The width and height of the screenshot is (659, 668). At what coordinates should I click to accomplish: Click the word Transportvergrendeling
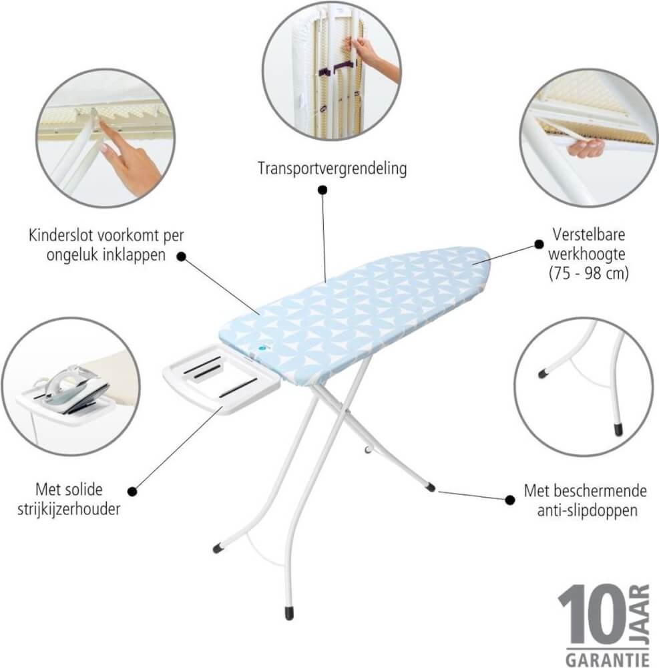click(332, 169)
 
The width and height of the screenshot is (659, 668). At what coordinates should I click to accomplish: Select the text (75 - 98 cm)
click(589, 273)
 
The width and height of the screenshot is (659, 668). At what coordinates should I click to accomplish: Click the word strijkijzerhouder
click(69, 509)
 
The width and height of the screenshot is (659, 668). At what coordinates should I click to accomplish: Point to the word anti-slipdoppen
click(588, 510)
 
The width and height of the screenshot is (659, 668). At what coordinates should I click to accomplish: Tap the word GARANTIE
click(608, 659)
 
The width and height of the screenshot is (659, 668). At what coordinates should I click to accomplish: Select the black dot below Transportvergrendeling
click(322, 190)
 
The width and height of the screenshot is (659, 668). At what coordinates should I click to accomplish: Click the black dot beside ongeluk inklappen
click(182, 257)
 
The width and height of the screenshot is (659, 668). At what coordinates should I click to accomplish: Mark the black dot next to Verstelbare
click(539, 244)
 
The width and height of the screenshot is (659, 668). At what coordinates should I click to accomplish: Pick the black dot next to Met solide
click(132, 491)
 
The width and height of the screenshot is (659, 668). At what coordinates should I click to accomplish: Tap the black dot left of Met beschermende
click(509, 500)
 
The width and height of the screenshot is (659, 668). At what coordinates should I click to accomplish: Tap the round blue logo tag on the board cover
click(260, 348)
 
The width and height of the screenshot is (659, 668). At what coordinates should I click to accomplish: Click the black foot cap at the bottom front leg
click(289, 613)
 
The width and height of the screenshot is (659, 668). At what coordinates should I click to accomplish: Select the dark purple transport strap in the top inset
click(337, 69)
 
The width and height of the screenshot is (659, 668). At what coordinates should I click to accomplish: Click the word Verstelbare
click(589, 234)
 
